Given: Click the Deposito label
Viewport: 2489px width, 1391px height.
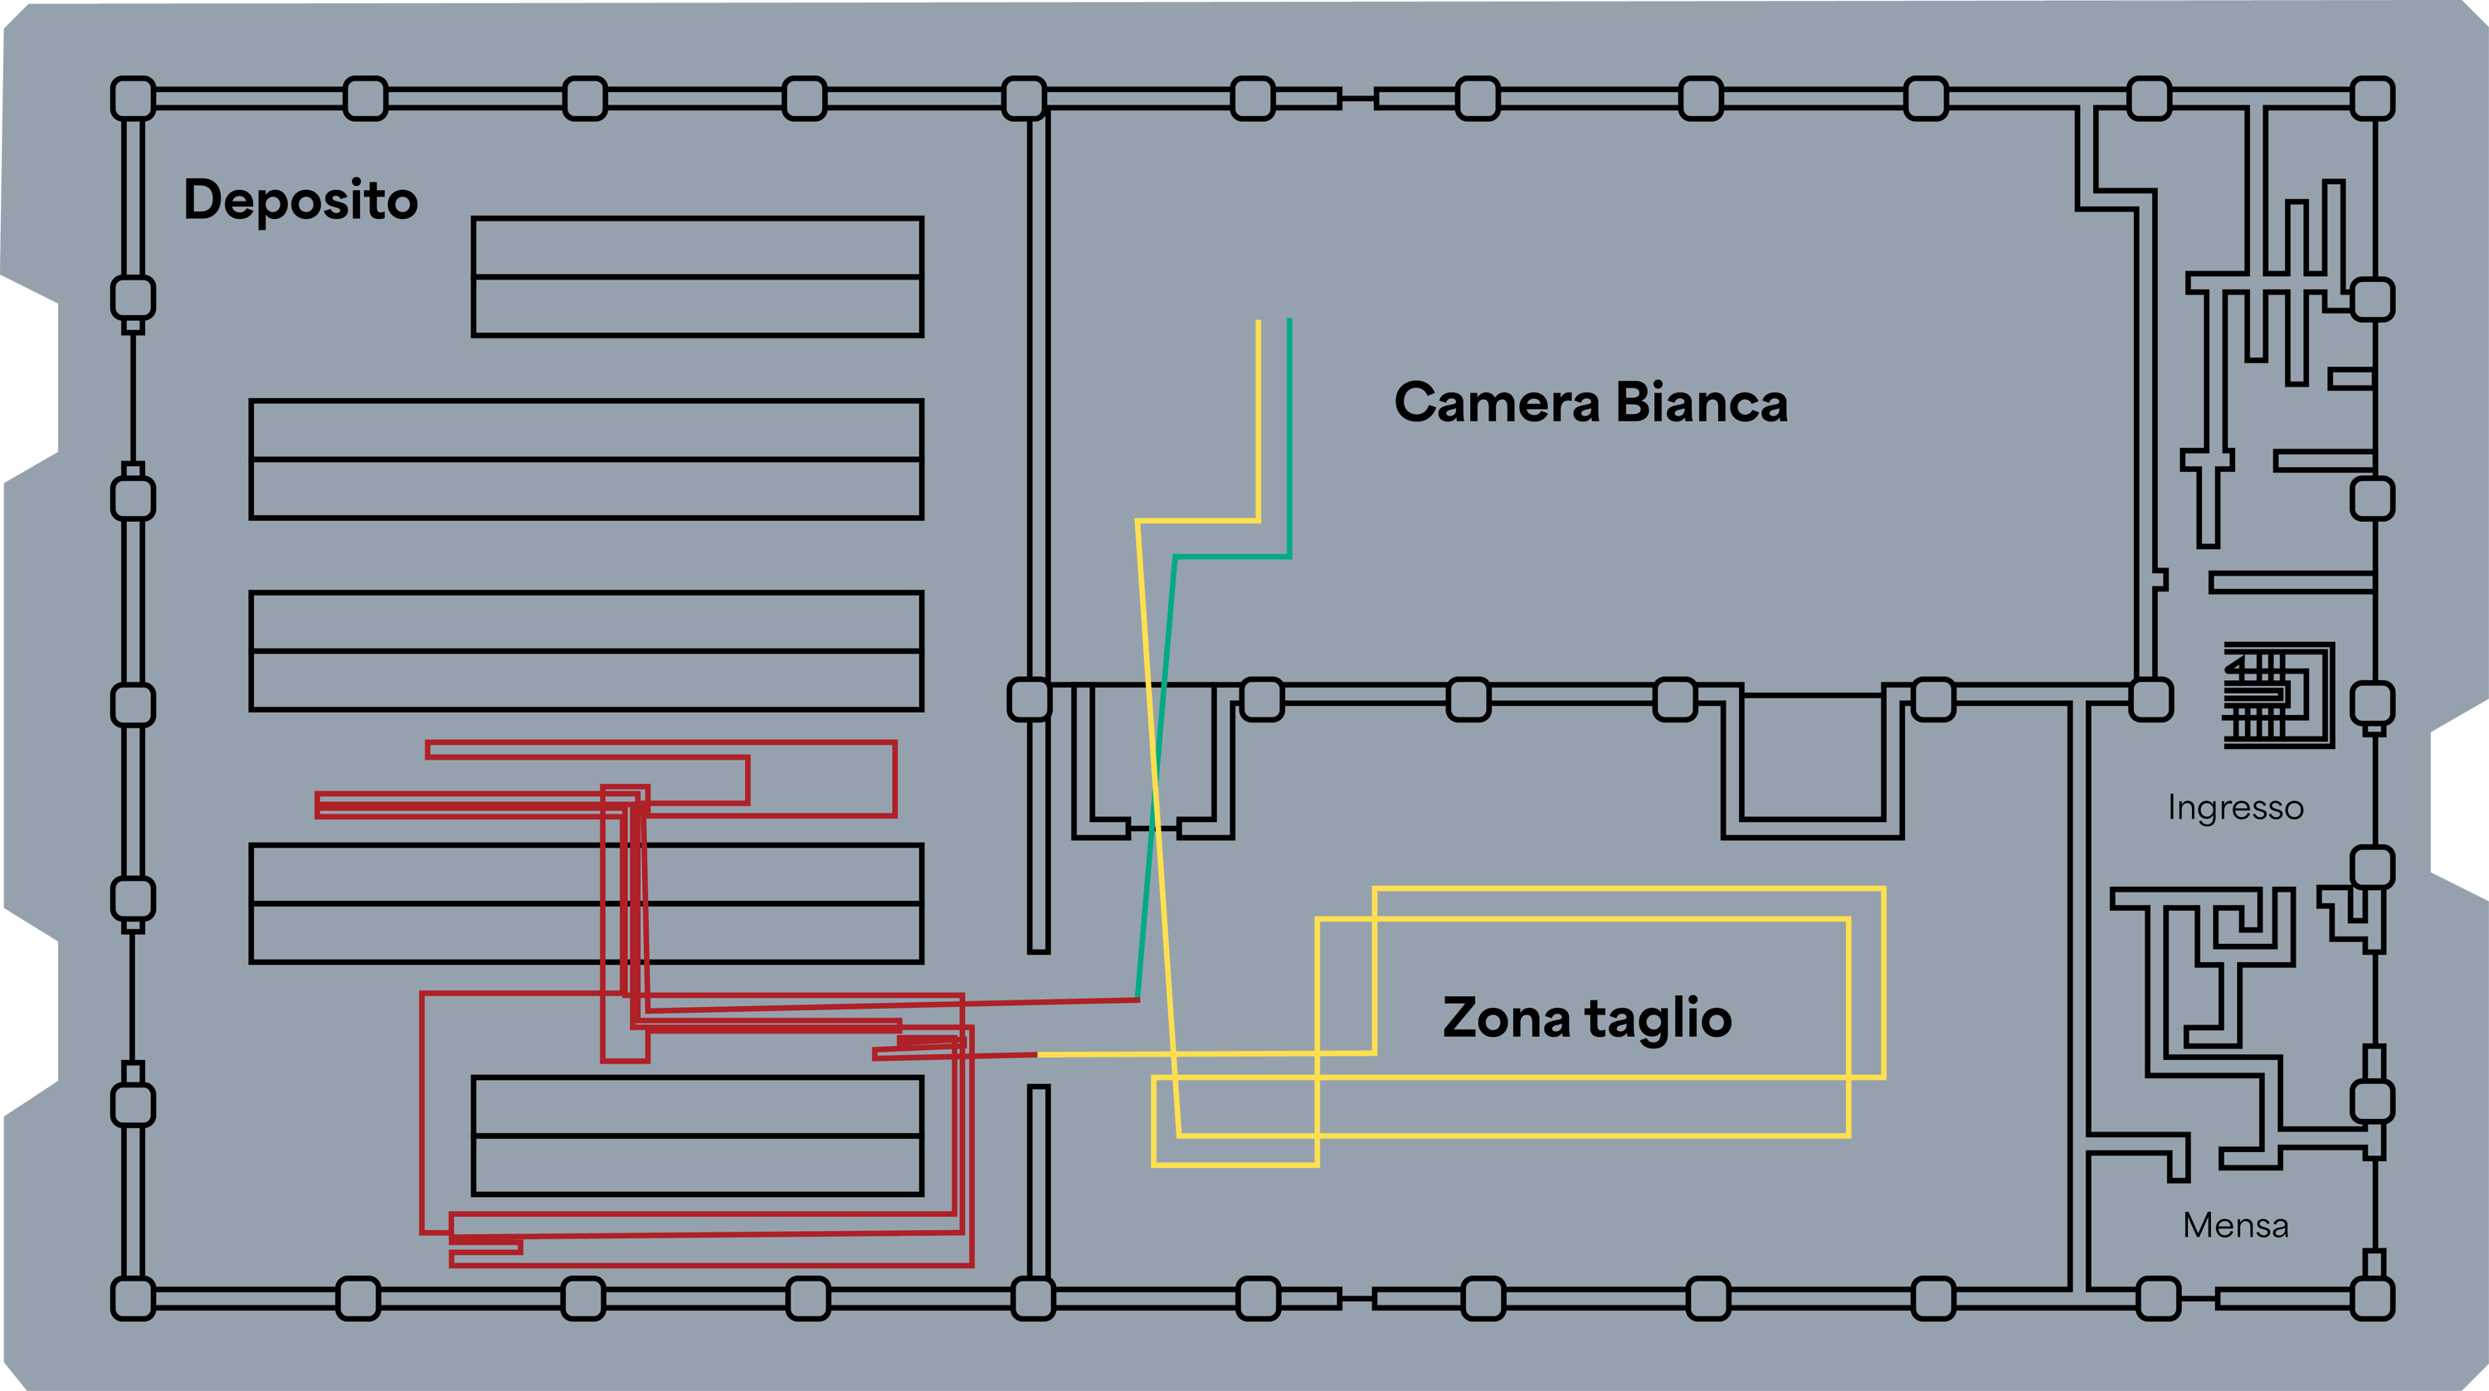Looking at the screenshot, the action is coord(300,200).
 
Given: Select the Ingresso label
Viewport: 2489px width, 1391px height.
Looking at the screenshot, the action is coord(2235,809).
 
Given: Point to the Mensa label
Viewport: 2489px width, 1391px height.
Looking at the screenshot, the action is coord(2235,1226).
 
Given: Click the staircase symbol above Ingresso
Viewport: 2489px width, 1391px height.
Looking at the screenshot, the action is coord(2278,694).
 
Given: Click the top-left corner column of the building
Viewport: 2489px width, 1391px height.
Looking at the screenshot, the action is coord(134,99).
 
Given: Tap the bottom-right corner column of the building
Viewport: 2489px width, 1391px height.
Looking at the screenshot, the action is coord(2371,1298).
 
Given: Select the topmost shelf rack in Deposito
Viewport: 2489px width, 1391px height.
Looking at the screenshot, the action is coord(698,277).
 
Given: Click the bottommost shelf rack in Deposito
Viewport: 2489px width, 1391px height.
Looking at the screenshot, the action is coord(698,1136).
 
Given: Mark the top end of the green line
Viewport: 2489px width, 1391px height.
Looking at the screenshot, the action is coord(1290,319).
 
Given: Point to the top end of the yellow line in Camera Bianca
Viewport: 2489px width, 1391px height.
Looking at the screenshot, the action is coord(1258,321).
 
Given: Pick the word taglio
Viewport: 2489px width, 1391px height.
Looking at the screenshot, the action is coord(1658,1019).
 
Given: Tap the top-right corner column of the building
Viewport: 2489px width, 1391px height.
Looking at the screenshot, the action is coord(2371,99).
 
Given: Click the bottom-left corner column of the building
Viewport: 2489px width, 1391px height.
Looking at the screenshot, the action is coord(134,1298).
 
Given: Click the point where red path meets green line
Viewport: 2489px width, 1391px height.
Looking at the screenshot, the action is coord(1138,999).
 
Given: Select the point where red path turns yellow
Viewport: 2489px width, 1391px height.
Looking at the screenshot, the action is coord(1038,1055).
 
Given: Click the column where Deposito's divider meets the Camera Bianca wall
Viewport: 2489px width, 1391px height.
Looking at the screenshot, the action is coord(1029,699).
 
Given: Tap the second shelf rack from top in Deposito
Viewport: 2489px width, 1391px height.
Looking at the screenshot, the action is coord(587,460).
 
